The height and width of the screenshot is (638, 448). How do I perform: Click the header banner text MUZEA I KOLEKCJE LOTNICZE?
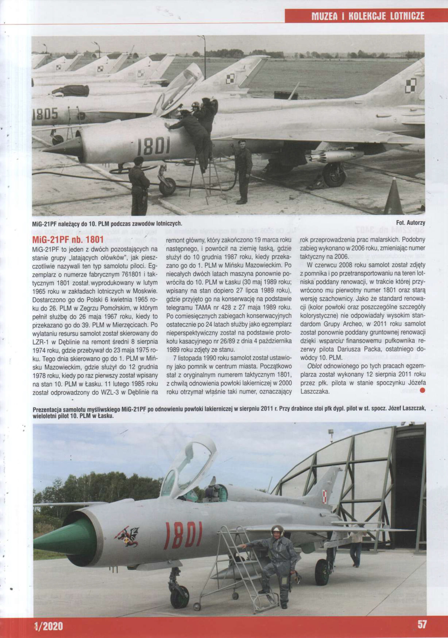368,16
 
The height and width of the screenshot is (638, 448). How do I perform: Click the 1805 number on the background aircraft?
45,114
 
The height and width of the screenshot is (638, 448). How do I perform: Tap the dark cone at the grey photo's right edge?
393,196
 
